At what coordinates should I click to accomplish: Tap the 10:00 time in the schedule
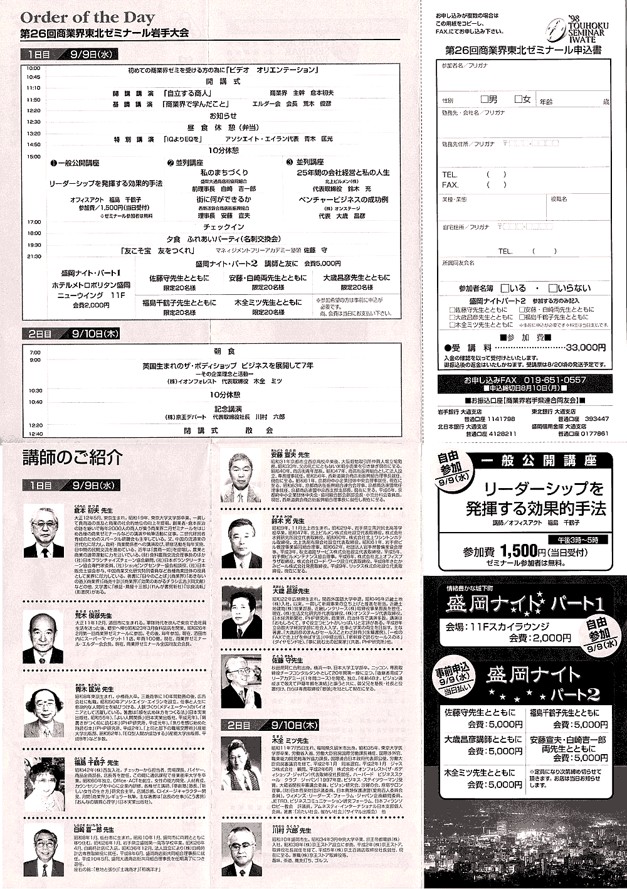(33, 68)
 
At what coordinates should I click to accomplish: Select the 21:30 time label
(33, 256)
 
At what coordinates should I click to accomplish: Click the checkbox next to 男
(485, 99)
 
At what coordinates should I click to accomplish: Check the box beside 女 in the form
(519, 99)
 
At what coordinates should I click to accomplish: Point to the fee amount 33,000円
(586, 347)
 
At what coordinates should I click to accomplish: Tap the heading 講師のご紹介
(72, 457)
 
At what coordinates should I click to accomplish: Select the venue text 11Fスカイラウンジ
(497, 626)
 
